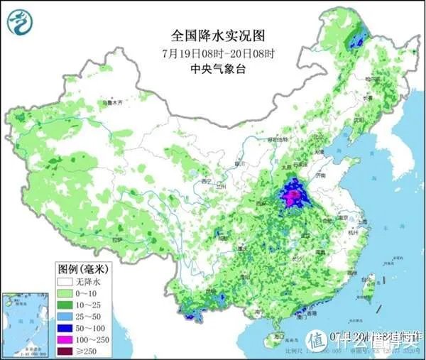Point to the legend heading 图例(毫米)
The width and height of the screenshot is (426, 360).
pos(84,268)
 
